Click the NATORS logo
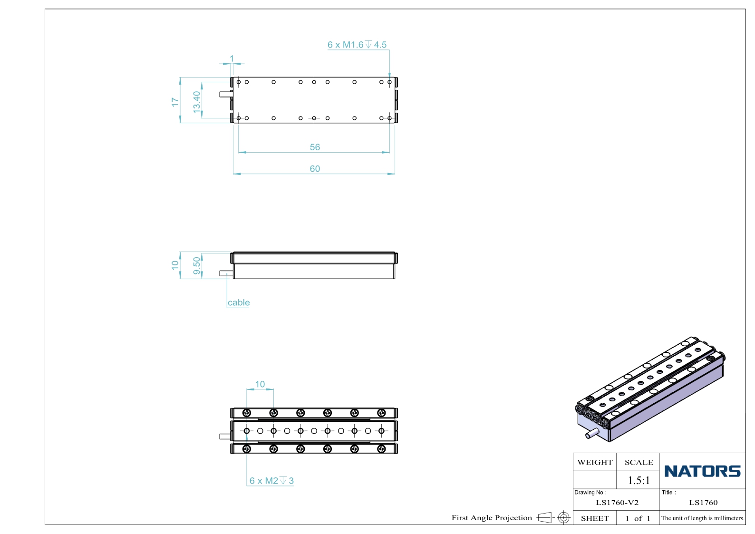point(702,471)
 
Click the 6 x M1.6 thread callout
point(357,45)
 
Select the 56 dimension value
point(315,147)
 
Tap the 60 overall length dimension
point(315,168)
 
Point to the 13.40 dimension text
point(196,102)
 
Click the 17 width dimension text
point(175,102)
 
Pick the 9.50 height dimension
point(196,266)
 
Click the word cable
point(239,302)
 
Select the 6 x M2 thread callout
point(271,480)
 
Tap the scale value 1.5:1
point(639,480)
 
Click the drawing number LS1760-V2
point(617,502)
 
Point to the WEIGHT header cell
point(595,462)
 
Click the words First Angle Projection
point(492,517)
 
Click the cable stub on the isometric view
point(592,433)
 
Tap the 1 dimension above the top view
point(232,58)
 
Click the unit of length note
point(703,518)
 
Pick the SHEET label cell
point(595,518)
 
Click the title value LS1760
point(703,502)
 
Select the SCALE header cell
point(639,462)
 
